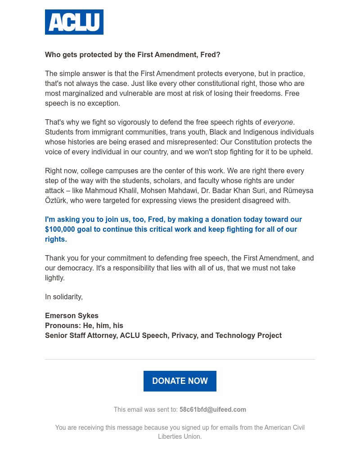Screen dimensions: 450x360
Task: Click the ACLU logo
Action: coord(74,22)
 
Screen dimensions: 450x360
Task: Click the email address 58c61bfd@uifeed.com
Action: coord(212,409)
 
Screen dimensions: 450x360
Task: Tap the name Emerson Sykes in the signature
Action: coord(72,315)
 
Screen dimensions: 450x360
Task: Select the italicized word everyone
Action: coord(278,122)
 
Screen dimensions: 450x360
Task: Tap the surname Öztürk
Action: coord(56,200)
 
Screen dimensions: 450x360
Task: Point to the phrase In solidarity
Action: coord(63,297)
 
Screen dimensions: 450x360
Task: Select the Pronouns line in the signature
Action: coord(84,325)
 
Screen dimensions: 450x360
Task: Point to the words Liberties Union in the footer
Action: coord(180,436)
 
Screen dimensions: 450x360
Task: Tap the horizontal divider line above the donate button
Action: coord(180,359)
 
